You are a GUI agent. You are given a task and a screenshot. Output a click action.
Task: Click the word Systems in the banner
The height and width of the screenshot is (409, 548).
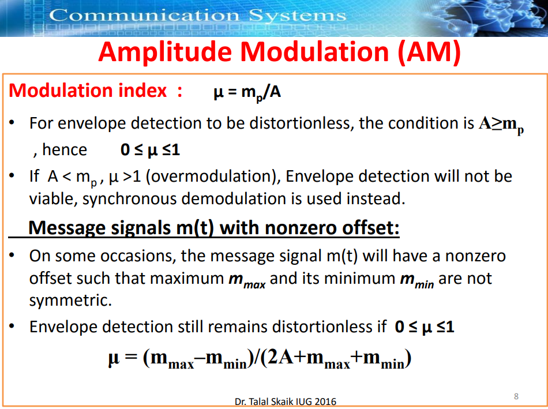(x=298, y=16)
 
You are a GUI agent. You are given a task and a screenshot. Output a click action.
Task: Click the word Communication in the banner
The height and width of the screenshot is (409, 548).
(x=144, y=16)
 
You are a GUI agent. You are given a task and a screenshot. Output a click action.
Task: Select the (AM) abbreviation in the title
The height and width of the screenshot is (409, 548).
(x=429, y=52)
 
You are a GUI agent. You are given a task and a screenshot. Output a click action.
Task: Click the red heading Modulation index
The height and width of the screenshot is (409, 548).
(x=88, y=91)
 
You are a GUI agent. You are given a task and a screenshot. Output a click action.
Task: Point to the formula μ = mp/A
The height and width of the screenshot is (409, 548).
(x=247, y=93)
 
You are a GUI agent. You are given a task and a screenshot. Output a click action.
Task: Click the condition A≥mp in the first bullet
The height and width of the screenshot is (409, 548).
(x=501, y=125)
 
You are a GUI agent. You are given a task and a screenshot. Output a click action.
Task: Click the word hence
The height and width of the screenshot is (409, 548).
(x=64, y=149)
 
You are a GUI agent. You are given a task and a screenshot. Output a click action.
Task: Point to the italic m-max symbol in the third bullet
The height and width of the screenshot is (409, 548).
(x=247, y=280)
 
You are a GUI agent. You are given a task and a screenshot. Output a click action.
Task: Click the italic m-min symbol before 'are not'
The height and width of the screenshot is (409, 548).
(x=417, y=280)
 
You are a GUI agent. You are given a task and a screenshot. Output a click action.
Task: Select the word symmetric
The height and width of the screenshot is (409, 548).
(x=70, y=301)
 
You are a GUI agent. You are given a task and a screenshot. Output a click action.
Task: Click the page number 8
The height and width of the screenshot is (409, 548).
(x=516, y=396)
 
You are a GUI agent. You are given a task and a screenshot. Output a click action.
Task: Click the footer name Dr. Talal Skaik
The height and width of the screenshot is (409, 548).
(x=264, y=402)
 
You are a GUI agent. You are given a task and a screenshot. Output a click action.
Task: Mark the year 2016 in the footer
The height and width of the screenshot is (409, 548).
(x=325, y=402)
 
